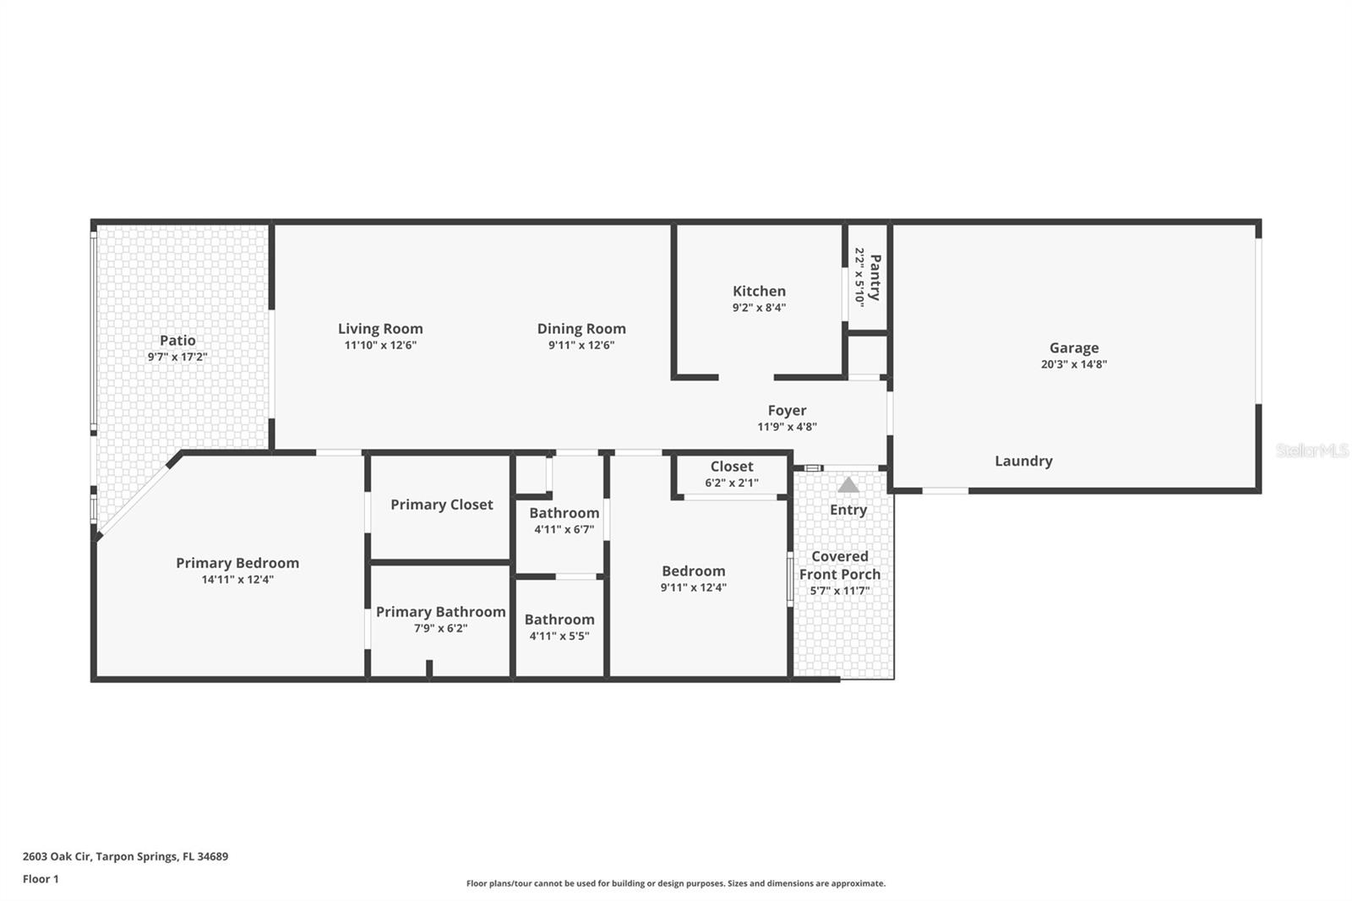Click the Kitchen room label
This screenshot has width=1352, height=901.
[759, 291]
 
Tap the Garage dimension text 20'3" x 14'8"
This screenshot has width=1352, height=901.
[1073, 364]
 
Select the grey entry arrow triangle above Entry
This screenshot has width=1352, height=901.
[848, 485]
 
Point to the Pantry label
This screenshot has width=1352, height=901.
[875, 277]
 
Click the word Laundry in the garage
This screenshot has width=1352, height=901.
[1023, 461]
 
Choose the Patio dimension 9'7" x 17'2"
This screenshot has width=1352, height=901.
[177, 357]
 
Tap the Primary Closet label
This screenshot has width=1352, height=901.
[441, 505]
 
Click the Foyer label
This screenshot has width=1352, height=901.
[787, 411]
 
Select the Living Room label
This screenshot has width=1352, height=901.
[380, 329]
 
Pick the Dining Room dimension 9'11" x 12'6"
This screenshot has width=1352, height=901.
[581, 345]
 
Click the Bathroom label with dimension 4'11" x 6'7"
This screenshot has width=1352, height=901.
[564, 513]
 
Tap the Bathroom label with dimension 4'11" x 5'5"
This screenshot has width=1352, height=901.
[559, 620]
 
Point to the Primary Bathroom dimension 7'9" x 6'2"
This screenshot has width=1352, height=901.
[440, 628]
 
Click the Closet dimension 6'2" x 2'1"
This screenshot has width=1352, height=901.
[732, 483]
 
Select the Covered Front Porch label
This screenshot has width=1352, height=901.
[840, 565]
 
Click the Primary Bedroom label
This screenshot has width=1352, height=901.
[237, 563]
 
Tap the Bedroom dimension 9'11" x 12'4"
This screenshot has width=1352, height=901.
[693, 587]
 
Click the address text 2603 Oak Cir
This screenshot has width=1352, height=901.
[57, 856]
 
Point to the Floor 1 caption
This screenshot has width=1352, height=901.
[41, 879]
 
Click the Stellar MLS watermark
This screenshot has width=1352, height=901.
[1311, 450]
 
